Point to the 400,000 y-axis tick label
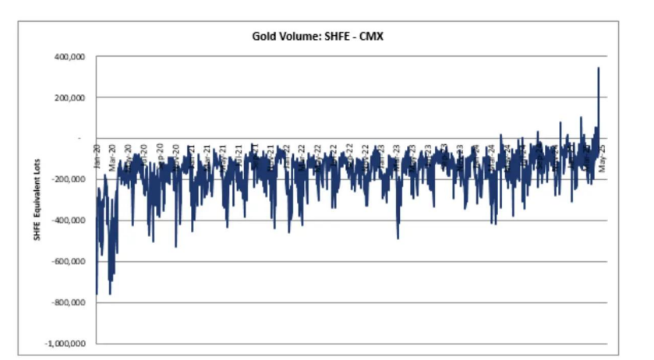[x=71, y=57]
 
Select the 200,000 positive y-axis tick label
[x=71, y=97]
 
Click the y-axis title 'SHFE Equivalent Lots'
[x=36, y=200]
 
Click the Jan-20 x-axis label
[x=97, y=157]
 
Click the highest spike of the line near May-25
[x=599, y=69]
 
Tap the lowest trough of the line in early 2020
[x=110, y=294]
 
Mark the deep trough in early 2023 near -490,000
[x=398, y=238]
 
